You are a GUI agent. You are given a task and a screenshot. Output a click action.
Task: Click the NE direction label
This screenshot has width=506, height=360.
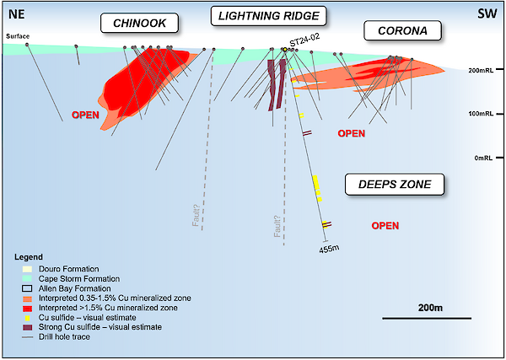tap(17, 13)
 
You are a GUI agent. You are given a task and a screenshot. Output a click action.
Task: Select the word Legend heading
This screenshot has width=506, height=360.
tap(31, 255)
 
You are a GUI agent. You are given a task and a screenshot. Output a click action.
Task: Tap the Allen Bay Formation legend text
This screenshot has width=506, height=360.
tap(66, 288)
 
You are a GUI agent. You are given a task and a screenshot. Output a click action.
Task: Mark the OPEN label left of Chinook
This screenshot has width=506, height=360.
tap(86, 115)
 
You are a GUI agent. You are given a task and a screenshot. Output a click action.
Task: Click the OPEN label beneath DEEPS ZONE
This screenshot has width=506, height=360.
tap(385, 225)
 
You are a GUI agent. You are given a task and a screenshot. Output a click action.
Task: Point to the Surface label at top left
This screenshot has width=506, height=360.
tap(17, 36)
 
